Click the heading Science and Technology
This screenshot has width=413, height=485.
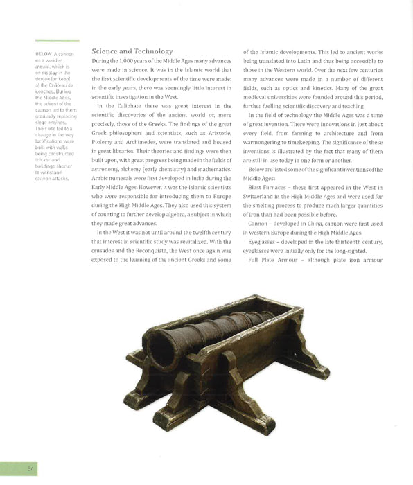[x=132, y=51]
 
